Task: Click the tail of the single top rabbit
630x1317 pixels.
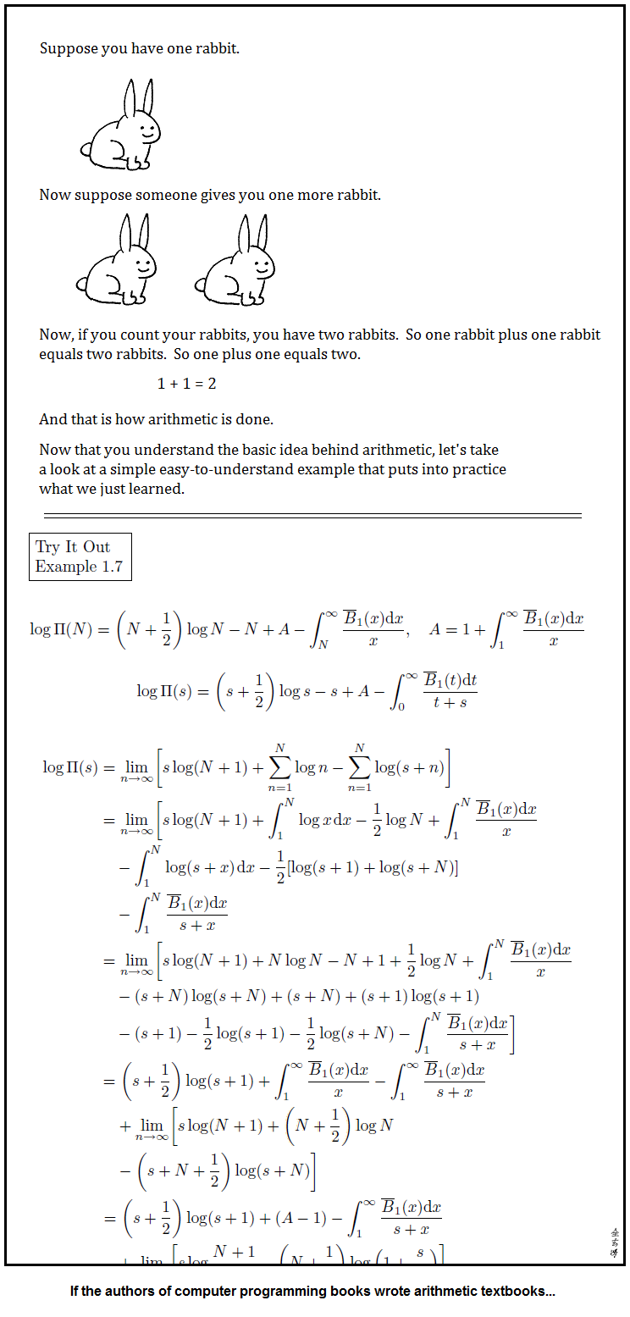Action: point(86,150)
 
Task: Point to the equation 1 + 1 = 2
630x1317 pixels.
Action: point(186,384)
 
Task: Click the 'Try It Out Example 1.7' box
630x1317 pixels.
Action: point(80,556)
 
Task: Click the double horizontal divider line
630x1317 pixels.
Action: point(312,515)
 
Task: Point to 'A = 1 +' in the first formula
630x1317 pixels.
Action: point(456,629)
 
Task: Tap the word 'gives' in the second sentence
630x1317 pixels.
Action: point(218,196)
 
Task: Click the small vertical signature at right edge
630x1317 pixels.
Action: point(614,1242)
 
